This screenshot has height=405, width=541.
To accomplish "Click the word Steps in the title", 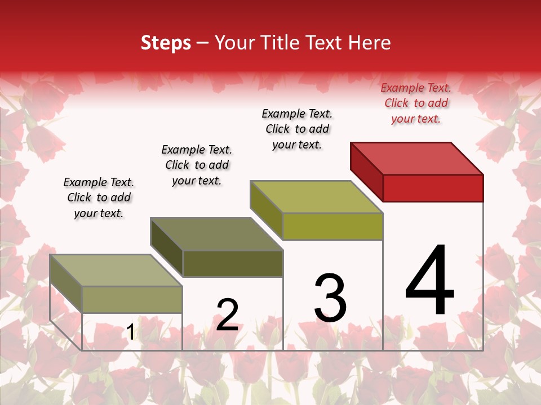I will tap(166, 43).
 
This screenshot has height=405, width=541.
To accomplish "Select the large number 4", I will tap(429, 281).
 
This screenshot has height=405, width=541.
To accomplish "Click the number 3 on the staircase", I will tap(330, 298).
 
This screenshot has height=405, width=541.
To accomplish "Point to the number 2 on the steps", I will tap(227, 315).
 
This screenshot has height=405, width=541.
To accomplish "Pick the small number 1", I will tap(130, 332).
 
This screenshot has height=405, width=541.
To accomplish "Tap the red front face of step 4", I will tap(433, 188).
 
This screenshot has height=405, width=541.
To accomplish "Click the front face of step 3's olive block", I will tap(332, 226).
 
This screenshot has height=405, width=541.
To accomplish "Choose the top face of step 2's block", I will tap(216, 234).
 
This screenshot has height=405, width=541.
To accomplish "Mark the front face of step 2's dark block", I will tap(232, 263).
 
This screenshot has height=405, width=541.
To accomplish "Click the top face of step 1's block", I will tap(116, 271).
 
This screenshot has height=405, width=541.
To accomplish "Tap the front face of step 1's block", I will tap(132, 299).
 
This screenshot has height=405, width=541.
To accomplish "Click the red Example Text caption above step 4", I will tap(416, 103).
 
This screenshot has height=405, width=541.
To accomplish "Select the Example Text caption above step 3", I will tap(297, 129).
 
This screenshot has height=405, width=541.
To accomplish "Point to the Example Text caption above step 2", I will tap(197, 165).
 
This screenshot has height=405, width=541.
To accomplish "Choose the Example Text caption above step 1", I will tap(99, 197).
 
